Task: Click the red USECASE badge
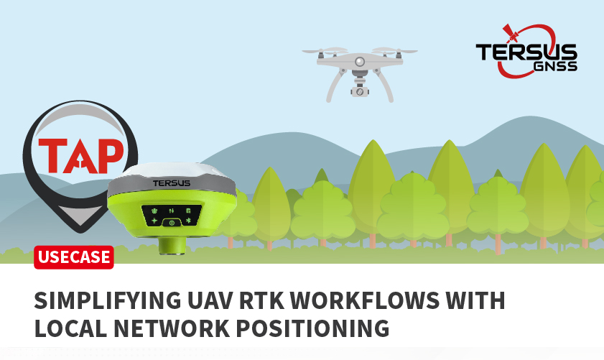coord(73,257)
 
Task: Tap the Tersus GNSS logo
coord(526,52)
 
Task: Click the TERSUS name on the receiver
coord(171,183)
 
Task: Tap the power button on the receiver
coord(171,223)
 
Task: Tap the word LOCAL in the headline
coord(70,328)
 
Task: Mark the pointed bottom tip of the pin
coord(73,228)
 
